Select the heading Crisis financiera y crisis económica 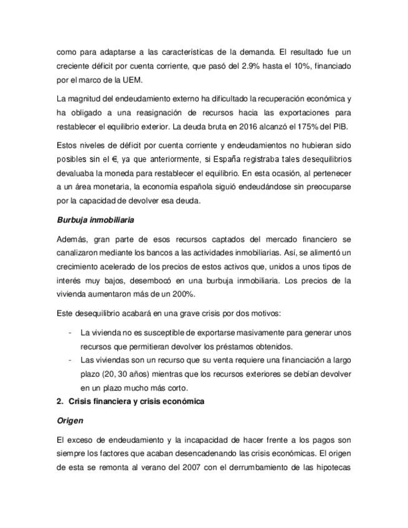(136, 402)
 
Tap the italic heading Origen (70, 421)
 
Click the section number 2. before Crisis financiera (60, 402)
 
